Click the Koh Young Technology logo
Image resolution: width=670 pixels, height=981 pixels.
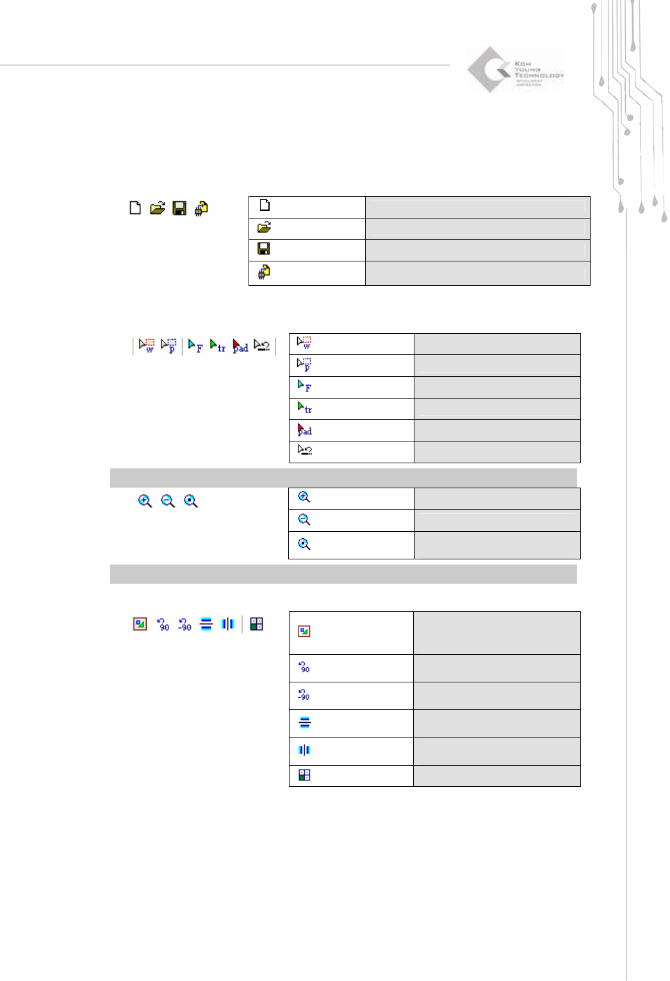click(515, 70)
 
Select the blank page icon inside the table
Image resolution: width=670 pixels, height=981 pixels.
click(265, 205)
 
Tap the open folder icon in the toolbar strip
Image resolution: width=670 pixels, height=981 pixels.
click(158, 208)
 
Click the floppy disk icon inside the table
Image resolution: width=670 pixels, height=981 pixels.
click(263, 249)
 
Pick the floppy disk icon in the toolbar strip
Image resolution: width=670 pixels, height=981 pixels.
click(179, 208)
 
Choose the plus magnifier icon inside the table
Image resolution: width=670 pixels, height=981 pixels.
click(304, 497)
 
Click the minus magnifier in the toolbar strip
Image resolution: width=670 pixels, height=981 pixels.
click(168, 501)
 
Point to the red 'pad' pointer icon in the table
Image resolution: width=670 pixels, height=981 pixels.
click(304, 430)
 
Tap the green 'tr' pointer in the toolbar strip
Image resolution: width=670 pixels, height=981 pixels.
click(218, 346)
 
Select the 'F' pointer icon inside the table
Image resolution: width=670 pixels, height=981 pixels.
click(304, 386)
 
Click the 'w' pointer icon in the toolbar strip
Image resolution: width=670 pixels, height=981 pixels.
click(147, 345)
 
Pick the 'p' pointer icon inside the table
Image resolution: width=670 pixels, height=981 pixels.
click(304, 365)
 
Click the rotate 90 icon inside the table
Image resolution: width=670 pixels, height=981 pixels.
click(304, 667)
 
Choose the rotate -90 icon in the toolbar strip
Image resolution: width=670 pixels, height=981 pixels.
click(184, 625)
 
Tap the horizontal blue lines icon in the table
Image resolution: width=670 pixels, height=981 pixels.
click(305, 723)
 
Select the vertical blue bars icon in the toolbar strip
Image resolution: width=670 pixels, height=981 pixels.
click(228, 624)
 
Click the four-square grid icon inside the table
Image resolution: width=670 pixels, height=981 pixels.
click(304, 775)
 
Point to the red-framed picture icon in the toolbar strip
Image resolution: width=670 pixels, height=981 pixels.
click(140, 624)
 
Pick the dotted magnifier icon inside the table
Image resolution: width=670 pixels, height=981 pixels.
click(304, 544)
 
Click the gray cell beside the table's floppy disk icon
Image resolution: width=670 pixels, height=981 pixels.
click(477, 250)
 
